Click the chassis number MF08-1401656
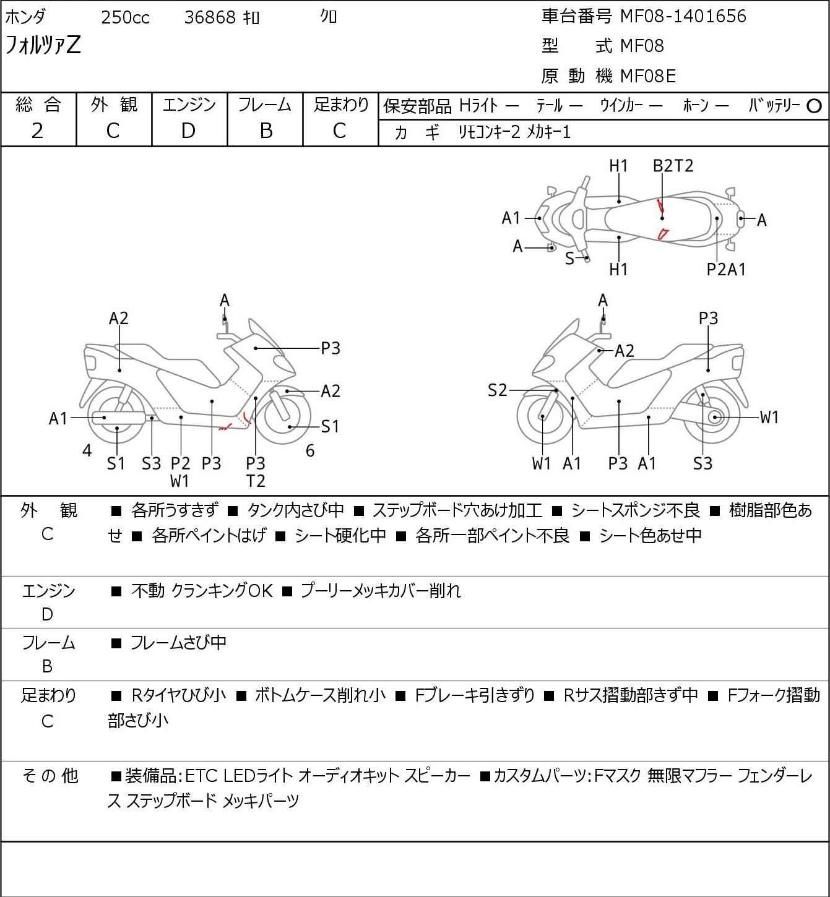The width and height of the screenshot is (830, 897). point(683,16)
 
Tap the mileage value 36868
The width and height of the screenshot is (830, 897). point(210,17)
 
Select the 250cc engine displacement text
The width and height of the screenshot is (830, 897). point(125,17)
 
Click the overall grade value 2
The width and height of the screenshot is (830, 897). point(38,131)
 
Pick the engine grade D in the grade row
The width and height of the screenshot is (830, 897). point(189,131)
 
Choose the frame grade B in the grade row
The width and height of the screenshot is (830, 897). point(266,131)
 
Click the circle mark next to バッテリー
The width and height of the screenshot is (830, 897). point(815,106)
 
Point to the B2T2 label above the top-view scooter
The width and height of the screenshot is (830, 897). point(673,166)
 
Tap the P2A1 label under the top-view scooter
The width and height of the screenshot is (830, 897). point(726,269)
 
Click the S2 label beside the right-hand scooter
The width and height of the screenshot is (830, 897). point(498,390)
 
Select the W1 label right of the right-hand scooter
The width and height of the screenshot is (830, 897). point(769,417)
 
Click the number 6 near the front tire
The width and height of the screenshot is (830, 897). point(310,451)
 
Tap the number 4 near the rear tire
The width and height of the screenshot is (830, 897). point(87,451)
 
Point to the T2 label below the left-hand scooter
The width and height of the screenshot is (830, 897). point(255,481)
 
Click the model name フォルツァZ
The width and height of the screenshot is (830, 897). point(43,46)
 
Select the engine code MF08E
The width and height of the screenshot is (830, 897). point(647,76)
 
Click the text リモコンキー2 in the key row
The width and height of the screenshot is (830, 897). point(489,132)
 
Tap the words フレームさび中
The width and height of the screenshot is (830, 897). point(178,643)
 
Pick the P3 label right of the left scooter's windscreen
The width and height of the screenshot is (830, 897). point(331,348)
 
